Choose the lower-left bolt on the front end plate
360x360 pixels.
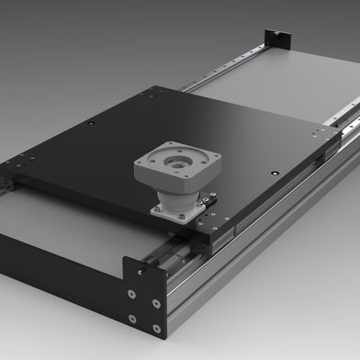coord(133,318)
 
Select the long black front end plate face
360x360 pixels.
coord(55,266)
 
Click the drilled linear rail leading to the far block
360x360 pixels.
coord(230,64)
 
